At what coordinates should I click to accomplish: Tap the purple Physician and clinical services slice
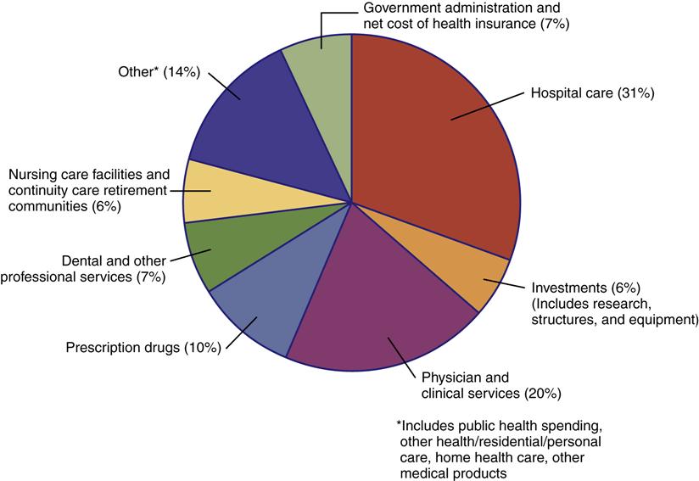click(373, 314)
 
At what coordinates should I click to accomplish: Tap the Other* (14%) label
click(159, 72)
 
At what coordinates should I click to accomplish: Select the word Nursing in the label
click(33, 175)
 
